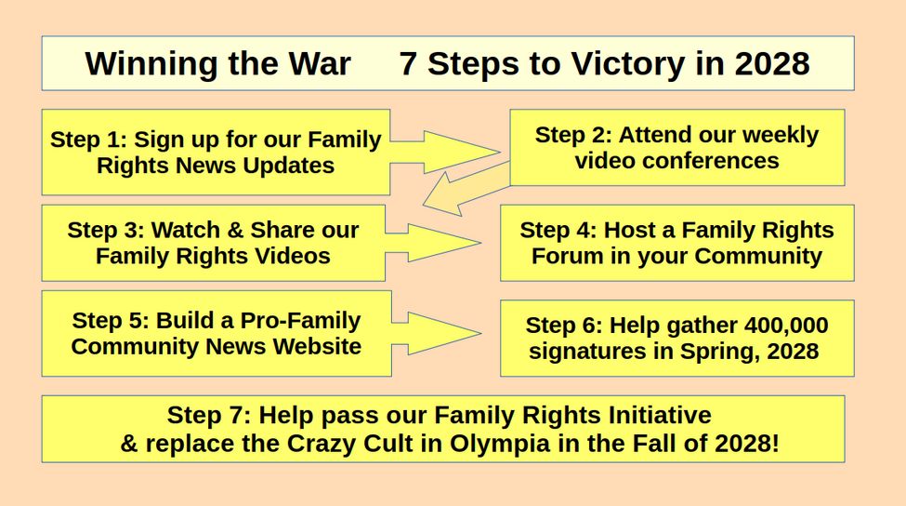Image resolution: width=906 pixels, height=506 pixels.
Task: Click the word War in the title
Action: (x=320, y=63)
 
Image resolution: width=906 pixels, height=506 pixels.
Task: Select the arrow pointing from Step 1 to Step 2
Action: (x=445, y=153)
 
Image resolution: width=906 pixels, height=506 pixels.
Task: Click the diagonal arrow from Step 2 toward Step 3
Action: (x=466, y=189)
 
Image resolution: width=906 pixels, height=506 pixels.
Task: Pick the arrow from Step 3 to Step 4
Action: (x=433, y=243)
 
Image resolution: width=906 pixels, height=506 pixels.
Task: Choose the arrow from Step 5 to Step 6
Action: (x=436, y=333)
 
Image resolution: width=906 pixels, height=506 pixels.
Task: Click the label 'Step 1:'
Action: (x=88, y=140)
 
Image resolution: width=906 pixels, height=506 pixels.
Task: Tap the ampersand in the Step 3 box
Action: (x=235, y=230)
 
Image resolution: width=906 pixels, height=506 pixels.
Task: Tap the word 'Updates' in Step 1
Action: (x=288, y=166)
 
